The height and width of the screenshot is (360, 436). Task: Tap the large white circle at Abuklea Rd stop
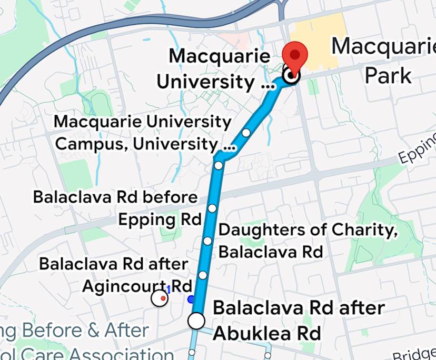[x=196, y=321]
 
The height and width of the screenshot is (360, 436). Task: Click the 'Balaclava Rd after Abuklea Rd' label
[x=299, y=320]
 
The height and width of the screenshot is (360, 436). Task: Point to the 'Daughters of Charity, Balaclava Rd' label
[x=308, y=241]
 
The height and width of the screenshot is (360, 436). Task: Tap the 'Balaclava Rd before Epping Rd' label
[x=116, y=208]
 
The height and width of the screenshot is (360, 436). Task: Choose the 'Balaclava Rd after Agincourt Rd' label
[x=113, y=274]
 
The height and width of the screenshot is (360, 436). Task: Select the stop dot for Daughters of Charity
[x=207, y=241]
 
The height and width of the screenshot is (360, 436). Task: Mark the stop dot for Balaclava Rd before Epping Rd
[x=212, y=208]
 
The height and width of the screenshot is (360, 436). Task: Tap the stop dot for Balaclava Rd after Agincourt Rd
[x=203, y=275]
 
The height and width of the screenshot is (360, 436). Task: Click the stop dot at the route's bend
[x=219, y=166]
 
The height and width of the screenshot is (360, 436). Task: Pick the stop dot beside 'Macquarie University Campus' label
[x=246, y=133]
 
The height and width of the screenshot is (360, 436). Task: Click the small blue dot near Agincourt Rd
[x=191, y=299]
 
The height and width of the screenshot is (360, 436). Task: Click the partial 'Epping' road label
[x=417, y=149]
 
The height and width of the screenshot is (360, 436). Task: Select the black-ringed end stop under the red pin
[x=290, y=76]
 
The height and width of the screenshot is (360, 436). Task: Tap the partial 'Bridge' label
[x=414, y=354]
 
